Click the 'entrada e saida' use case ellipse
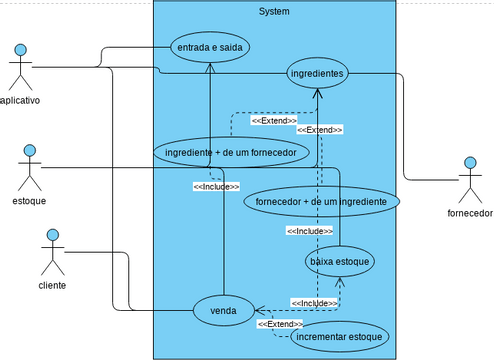coord(209,47)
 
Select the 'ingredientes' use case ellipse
coord(317,73)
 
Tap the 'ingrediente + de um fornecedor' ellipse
coord(230,152)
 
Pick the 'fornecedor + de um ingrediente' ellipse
coord(322,201)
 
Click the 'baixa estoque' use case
coord(340,261)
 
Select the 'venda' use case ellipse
coord(223,311)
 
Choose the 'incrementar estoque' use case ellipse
coord(338,337)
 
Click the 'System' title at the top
coord(274,11)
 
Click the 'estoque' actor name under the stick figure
coord(29,200)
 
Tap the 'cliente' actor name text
coord(52,285)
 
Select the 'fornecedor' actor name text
coord(470,213)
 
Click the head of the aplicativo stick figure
coord(20,50)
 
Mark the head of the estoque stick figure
coord(30,151)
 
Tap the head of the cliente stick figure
coord(52,236)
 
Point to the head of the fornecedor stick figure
coord(470,163)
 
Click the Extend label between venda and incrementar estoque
coord(280,324)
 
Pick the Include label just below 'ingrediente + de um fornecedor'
coord(216,186)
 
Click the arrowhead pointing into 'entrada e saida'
coord(210,66)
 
